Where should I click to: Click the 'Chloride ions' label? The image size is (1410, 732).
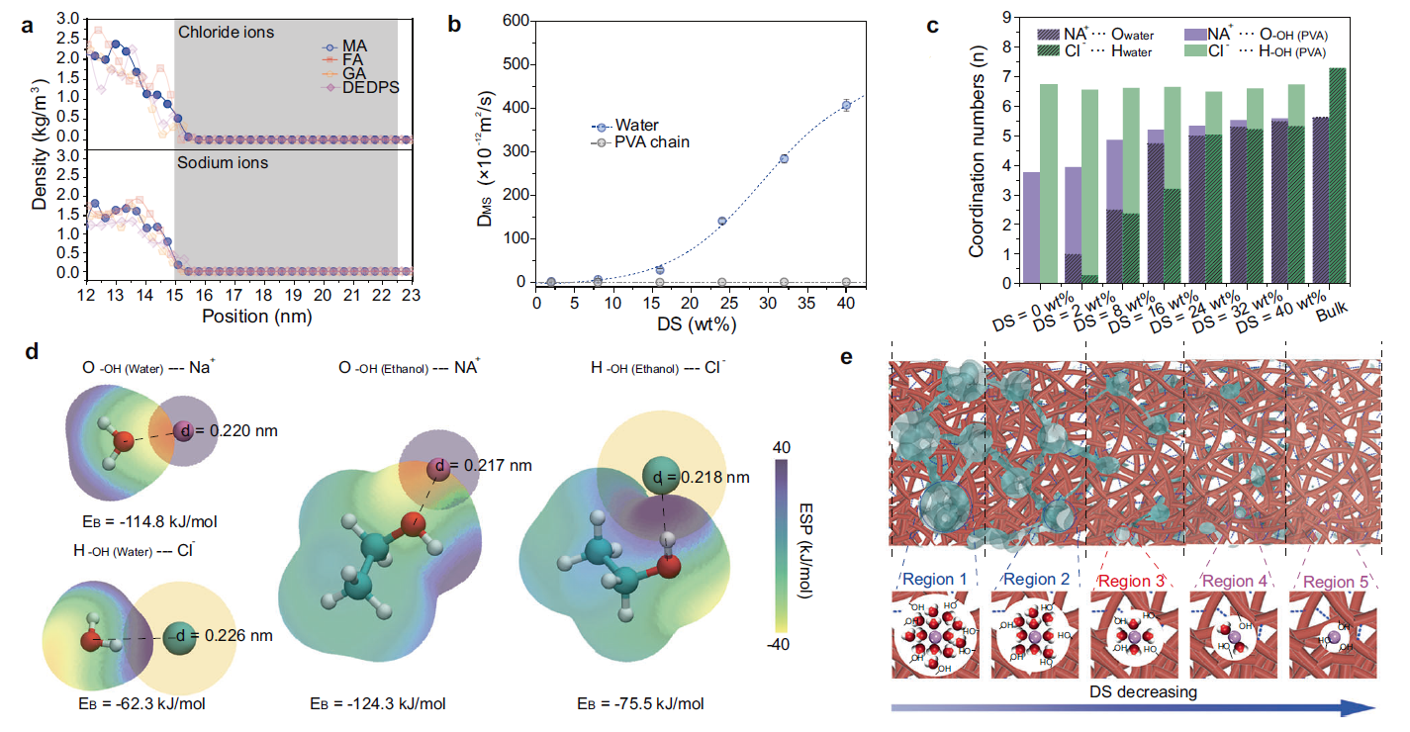[x=227, y=33]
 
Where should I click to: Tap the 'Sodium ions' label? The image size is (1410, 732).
[x=222, y=163]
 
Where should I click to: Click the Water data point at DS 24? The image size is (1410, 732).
[x=721, y=222]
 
